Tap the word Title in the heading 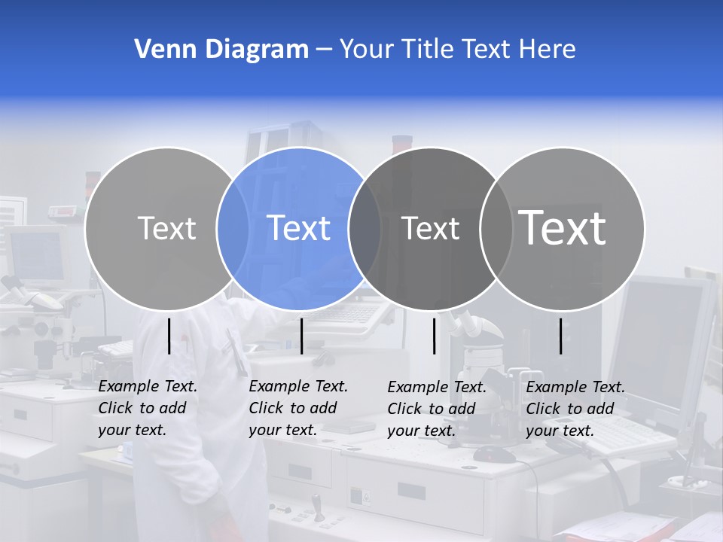(x=428, y=50)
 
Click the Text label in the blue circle (x=299, y=228)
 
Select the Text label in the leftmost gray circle (x=166, y=228)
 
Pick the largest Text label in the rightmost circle (x=563, y=227)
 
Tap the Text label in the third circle (x=430, y=228)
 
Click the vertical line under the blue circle (x=301, y=336)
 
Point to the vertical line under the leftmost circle (x=169, y=336)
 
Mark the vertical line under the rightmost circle (x=560, y=336)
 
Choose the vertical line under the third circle (x=434, y=336)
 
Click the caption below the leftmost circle (x=148, y=408)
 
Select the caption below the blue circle (x=298, y=408)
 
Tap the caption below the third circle (x=437, y=409)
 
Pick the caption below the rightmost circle (x=575, y=409)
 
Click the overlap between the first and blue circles (x=233, y=228)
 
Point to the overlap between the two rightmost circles (x=495, y=228)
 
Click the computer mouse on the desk (x=495, y=454)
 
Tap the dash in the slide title (x=324, y=50)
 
